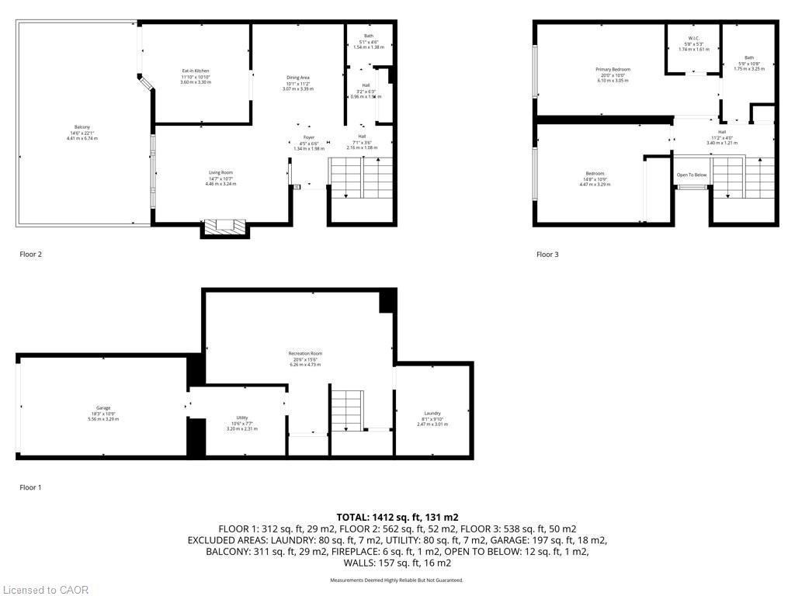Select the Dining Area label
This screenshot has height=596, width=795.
coord(298,78)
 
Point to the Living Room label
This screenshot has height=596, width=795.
coord(220,173)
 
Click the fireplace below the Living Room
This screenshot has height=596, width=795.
coord(224,227)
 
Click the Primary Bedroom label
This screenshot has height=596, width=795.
coord(613,70)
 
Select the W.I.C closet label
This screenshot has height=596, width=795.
coord(693,39)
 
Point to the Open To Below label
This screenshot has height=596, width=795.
coord(691,175)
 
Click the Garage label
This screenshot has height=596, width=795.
coord(103,408)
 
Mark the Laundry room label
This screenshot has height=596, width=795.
coord(432,414)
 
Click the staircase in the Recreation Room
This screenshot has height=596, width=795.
coord(346,409)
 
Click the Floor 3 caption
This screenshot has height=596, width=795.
coord(547,255)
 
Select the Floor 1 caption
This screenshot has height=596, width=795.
coord(30,487)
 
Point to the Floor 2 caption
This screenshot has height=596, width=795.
coord(30,254)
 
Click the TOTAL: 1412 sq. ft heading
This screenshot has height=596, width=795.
coord(397,517)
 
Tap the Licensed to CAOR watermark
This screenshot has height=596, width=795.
coord(45,590)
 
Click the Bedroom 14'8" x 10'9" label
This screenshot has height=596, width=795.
coord(595,174)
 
